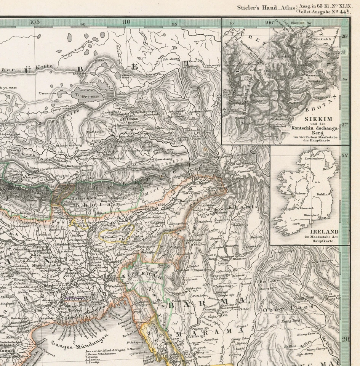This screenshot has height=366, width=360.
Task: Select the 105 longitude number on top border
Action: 35,22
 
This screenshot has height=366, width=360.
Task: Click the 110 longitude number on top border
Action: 126,22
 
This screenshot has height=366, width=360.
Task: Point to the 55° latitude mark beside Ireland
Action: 345,156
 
